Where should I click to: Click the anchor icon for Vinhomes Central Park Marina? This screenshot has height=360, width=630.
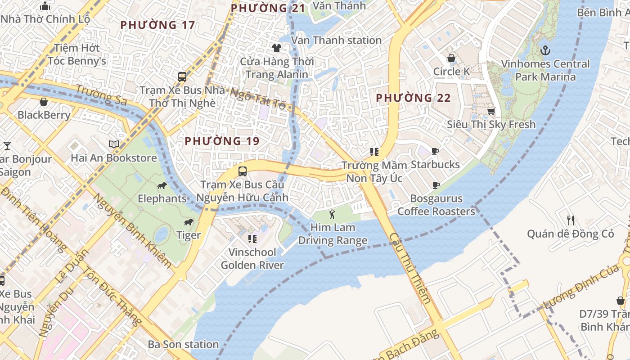coord(545,50)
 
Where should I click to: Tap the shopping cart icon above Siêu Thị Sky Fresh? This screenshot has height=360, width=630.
coord(491,111)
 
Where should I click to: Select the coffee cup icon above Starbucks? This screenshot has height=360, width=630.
coord(435,151)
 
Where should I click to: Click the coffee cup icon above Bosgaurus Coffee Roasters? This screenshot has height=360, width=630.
coord(436,185)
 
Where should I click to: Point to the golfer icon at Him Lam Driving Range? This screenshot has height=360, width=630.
coord(333,214)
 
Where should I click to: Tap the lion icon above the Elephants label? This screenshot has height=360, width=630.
coord(162,185)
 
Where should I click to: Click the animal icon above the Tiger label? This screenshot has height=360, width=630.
coord(189,222)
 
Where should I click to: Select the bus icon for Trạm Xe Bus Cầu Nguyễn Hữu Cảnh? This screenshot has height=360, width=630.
coord(242,171)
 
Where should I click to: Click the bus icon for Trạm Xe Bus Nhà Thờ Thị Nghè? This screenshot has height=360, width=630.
coord(182,76)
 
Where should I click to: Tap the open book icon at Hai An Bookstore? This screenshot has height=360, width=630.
coord(114,144)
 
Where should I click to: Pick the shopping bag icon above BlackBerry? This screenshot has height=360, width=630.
coord(44,102)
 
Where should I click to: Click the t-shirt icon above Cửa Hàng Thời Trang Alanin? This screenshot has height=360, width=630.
coord(277,48)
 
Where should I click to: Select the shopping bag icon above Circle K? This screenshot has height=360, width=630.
coord(451,58)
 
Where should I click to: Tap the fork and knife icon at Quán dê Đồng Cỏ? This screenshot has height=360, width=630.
coord(571,220)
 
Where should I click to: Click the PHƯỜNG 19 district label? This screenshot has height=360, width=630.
coord(222,141)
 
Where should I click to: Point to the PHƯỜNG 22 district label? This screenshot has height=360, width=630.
coord(413,98)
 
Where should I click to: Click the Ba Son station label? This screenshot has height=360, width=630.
coord(183,344)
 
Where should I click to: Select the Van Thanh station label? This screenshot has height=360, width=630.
coord(336,40)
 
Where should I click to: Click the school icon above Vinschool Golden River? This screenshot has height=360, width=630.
coord(252,238)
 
